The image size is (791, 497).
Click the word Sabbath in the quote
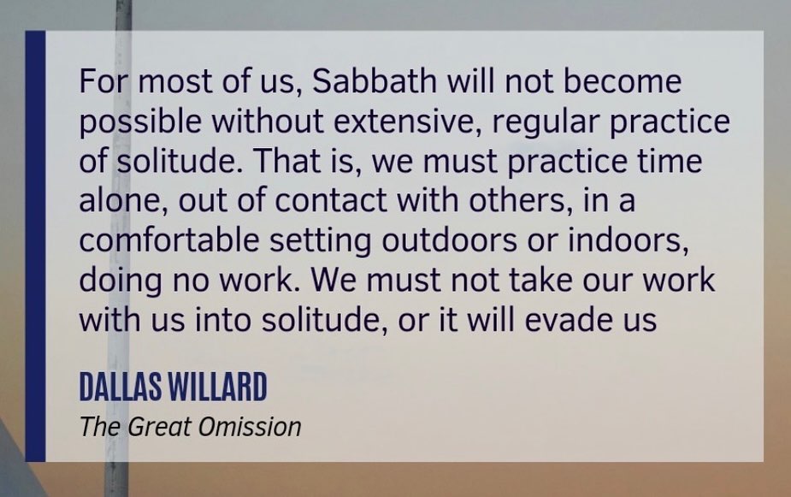[x=375, y=80]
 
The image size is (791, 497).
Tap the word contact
[x=330, y=201]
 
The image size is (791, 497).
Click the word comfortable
[x=169, y=240]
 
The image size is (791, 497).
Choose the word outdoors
[x=449, y=240]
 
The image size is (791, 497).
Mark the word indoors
[x=628, y=240]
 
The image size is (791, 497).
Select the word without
[x=268, y=121]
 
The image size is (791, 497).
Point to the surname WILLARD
[x=217, y=387]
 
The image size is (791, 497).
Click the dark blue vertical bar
[x=35, y=246]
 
